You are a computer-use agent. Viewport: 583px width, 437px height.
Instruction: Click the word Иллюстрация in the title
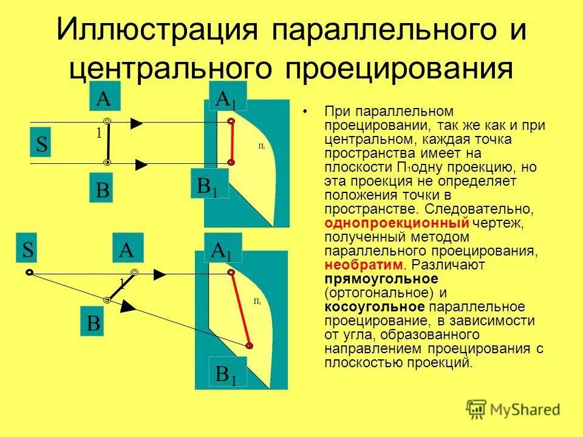click(x=157, y=30)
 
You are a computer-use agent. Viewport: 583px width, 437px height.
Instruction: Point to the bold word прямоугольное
click(x=381, y=279)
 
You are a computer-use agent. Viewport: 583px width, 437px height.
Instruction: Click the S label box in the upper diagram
click(x=43, y=144)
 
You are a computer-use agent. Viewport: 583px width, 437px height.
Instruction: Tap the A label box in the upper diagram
click(x=104, y=97)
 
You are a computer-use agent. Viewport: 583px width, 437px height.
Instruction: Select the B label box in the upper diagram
click(x=103, y=189)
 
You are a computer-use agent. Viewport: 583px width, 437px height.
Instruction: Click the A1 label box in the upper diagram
click(x=227, y=97)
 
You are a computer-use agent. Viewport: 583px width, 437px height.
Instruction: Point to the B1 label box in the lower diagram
click(x=227, y=373)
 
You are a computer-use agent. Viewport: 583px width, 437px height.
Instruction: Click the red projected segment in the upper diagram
click(x=231, y=142)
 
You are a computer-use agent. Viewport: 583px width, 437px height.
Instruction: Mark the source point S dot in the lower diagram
click(x=29, y=273)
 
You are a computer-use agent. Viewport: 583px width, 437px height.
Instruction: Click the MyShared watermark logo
click(x=513, y=409)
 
